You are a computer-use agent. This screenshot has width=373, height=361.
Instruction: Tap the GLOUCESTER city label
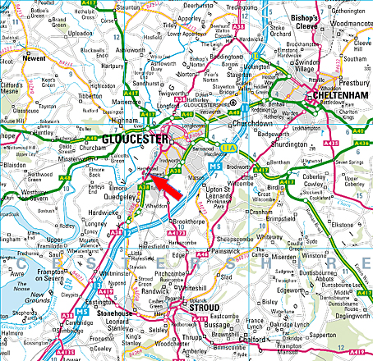(x=134, y=139)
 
